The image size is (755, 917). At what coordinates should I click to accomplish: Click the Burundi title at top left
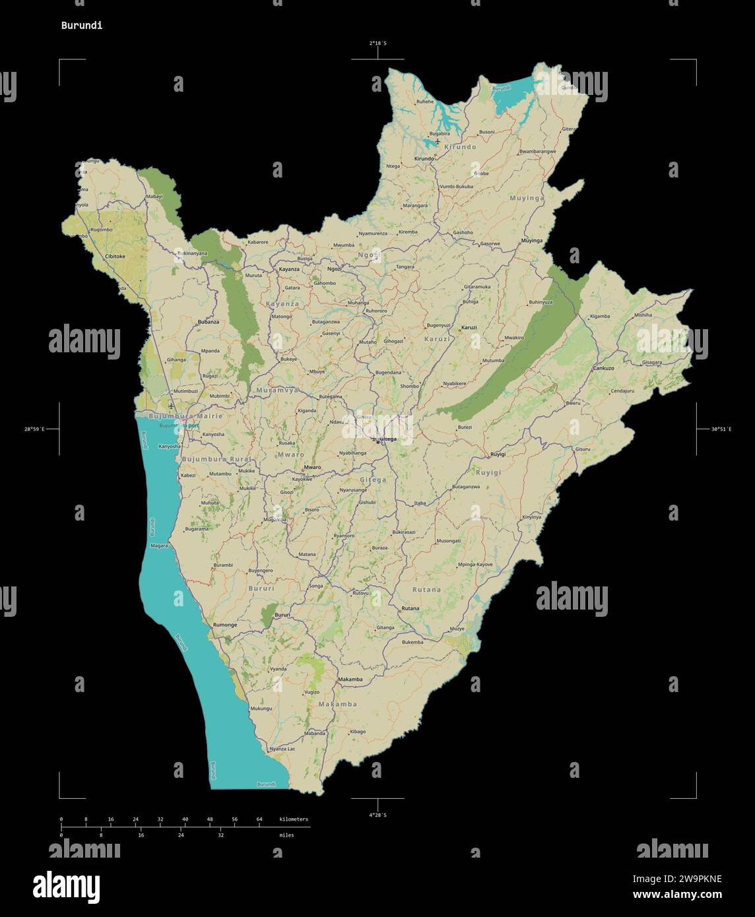pyautogui.click(x=82, y=26)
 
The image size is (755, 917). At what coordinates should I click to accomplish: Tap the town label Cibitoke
pyautogui.click(x=115, y=256)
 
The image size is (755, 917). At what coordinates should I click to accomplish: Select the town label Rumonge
pyautogui.click(x=225, y=624)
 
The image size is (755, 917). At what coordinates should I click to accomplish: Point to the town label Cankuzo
pyautogui.click(x=604, y=368)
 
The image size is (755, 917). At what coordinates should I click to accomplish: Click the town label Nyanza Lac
pyautogui.click(x=282, y=749)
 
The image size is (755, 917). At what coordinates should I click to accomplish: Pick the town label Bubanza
pyautogui.click(x=208, y=322)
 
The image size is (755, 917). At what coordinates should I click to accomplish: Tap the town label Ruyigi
pyautogui.click(x=498, y=455)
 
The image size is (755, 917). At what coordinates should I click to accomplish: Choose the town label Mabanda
pyautogui.click(x=315, y=733)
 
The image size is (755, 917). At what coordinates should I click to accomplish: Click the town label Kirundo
pyautogui.click(x=424, y=158)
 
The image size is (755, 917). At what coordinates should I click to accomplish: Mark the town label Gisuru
pyautogui.click(x=583, y=449)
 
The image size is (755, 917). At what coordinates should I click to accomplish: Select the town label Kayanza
pyautogui.click(x=289, y=269)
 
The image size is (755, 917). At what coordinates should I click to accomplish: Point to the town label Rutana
pyautogui.click(x=410, y=608)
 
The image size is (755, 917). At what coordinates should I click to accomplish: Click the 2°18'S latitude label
pyautogui.click(x=377, y=43)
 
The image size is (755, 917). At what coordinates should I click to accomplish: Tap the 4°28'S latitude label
pyautogui.click(x=377, y=815)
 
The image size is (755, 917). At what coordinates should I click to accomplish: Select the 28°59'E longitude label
pyautogui.click(x=35, y=429)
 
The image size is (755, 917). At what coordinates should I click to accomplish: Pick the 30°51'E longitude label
pyautogui.click(x=721, y=429)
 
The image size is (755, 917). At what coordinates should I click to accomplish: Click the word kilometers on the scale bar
pyautogui.click(x=294, y=819)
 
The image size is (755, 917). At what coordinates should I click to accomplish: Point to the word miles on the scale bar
pyautogui.click(x=286, y=835)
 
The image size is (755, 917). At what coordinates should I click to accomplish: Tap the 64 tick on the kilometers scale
pyautogui.click(x=259, y=819)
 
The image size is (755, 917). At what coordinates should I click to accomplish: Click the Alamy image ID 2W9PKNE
pyautogui.click(x=677, y=879)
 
